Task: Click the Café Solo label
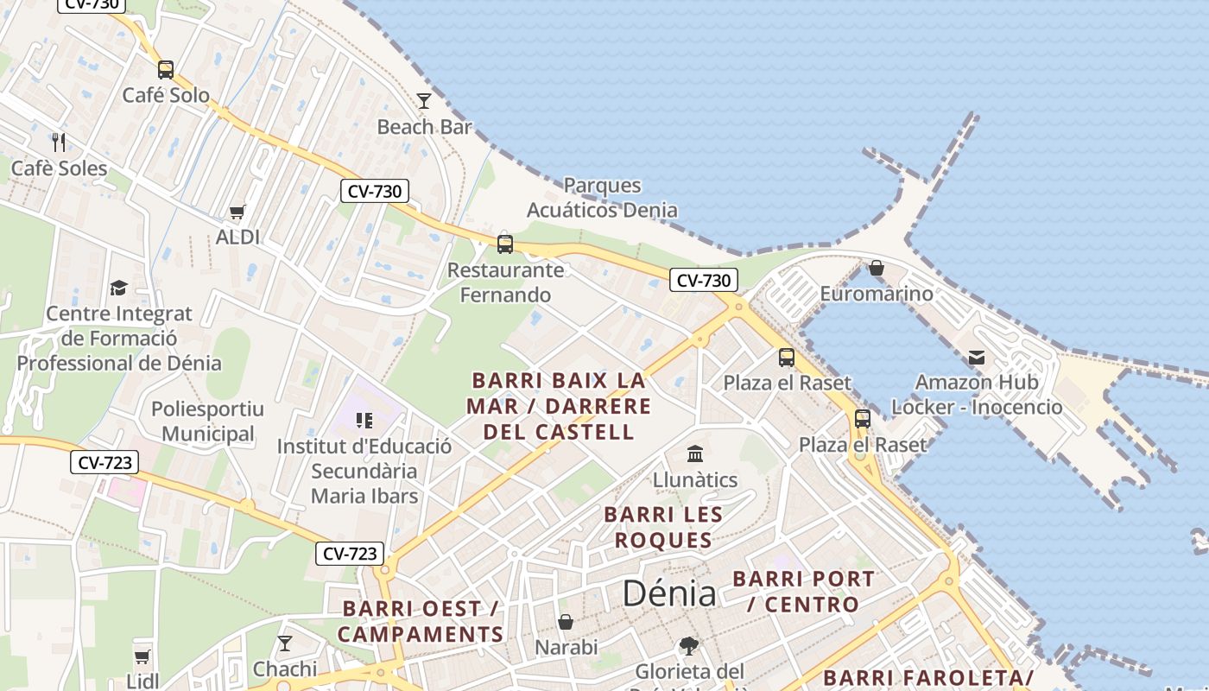click(166, 95)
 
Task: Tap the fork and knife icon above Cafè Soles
click(59, 142)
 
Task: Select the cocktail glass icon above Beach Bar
click(424, 101)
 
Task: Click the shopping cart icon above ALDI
click(237, 212)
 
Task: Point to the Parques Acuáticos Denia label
click(602, 198)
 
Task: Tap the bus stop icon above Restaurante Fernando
click(505, 244)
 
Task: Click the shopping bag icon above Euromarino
click(877, 268)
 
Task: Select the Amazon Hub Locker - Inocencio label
click(977, 395)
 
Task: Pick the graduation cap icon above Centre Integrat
click(118, 288)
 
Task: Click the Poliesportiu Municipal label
click(207, 422)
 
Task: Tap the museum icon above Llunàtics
click(695, 453)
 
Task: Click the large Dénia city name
click(669, 593)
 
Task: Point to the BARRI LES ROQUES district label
click(662, 528)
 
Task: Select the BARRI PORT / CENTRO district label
click(803, 592)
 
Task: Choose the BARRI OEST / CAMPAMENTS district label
click(421, 622)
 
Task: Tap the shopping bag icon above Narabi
click(566, 622)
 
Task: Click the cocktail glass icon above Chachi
click(285, 643)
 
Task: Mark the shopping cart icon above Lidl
click(142, 656)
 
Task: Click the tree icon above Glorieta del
click(688, 646)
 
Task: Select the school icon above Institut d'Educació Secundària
click(364, 421)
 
